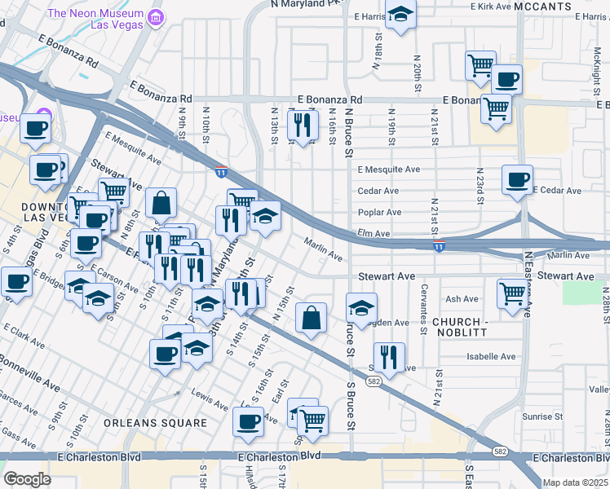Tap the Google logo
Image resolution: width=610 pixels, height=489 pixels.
pyautogui.click(x=27, y=479)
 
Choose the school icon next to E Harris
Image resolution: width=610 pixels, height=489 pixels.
pyautogui.click(x=400, y=15)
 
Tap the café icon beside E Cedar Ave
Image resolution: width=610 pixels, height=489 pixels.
pyautogui.click(x=517, y=179)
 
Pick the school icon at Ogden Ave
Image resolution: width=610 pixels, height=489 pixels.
pyautogui.click(x=361, y=307)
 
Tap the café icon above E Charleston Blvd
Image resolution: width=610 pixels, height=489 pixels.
pyautogui.click(x=248, y=421)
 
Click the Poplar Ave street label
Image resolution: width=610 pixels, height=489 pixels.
pyautogui.click(x=380, y=213)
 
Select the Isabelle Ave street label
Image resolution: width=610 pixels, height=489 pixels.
pyautogui.click(x=491, y=357)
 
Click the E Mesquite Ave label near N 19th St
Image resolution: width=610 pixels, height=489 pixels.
pyautogui.click(x=389, y=170)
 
